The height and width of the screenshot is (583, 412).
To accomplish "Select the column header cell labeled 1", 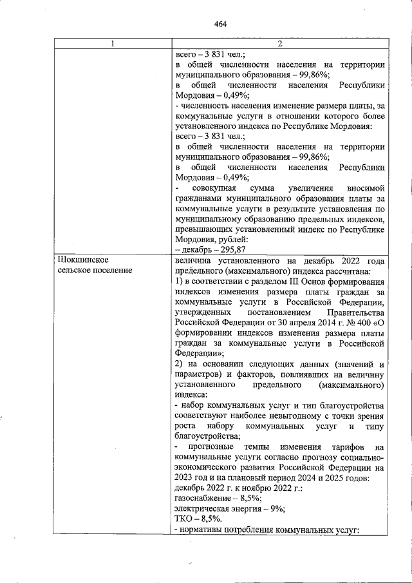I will (x=113, y=44).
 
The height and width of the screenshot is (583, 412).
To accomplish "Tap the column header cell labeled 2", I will (x=279, y=44).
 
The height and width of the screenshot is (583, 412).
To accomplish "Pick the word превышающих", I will (x=205, y=229).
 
